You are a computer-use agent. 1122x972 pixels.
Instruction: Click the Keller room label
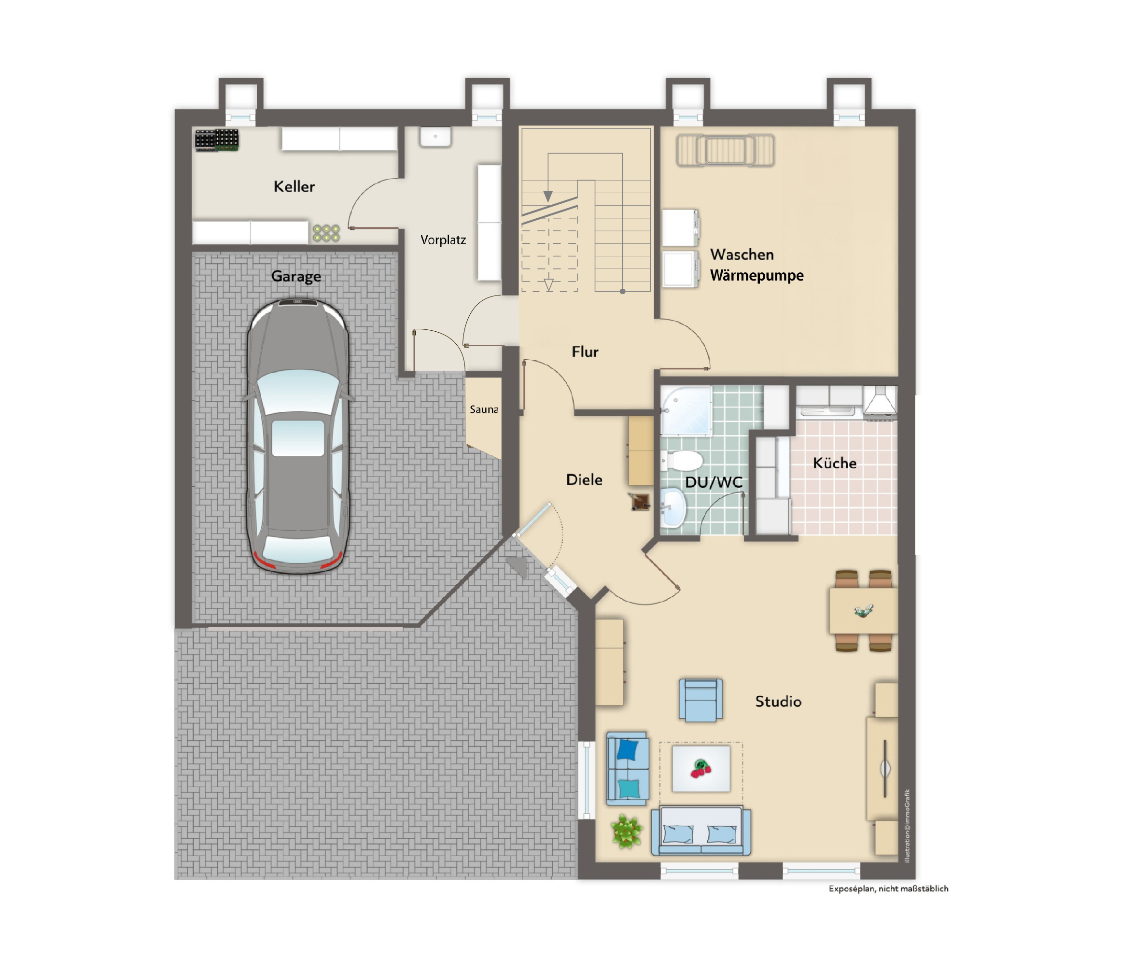pyautogui.click(x=294, y=186)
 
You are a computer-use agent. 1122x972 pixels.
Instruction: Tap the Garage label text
pyautogui.click(x=296, y=276)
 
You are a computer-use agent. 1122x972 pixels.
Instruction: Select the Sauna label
pyautogui.click(x=484, y=409)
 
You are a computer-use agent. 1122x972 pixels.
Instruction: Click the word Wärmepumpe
pyautogui.click(x=757, y=276)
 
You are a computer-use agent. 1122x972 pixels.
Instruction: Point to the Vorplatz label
pyautogui.click(x=443, y=240)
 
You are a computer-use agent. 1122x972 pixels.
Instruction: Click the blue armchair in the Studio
pyautogui.click(x=701, y=700)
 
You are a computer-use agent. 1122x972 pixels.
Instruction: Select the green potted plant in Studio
pyautogui.click(x=627, y=831)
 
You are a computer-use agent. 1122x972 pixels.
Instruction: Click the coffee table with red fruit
pyautogui.click(x=701, y=769)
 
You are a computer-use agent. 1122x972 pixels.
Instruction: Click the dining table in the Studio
pyautogui.click(x=863, y=611)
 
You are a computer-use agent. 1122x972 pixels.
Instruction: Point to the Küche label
pyautogui.click(x=835, y=463)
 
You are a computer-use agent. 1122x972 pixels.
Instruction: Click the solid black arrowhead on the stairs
pyautogui.click(x=547, y=196)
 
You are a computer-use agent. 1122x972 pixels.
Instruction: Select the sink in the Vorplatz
pyautogui.click(x=435, y=137)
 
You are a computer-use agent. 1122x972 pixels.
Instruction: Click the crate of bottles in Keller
pyautogui.click(x=217, y=140)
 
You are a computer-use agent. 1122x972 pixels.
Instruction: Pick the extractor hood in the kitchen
pyautogui.click(x=880, y=401)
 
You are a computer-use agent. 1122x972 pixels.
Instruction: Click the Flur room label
pyautogui.click(x=585, y=352)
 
